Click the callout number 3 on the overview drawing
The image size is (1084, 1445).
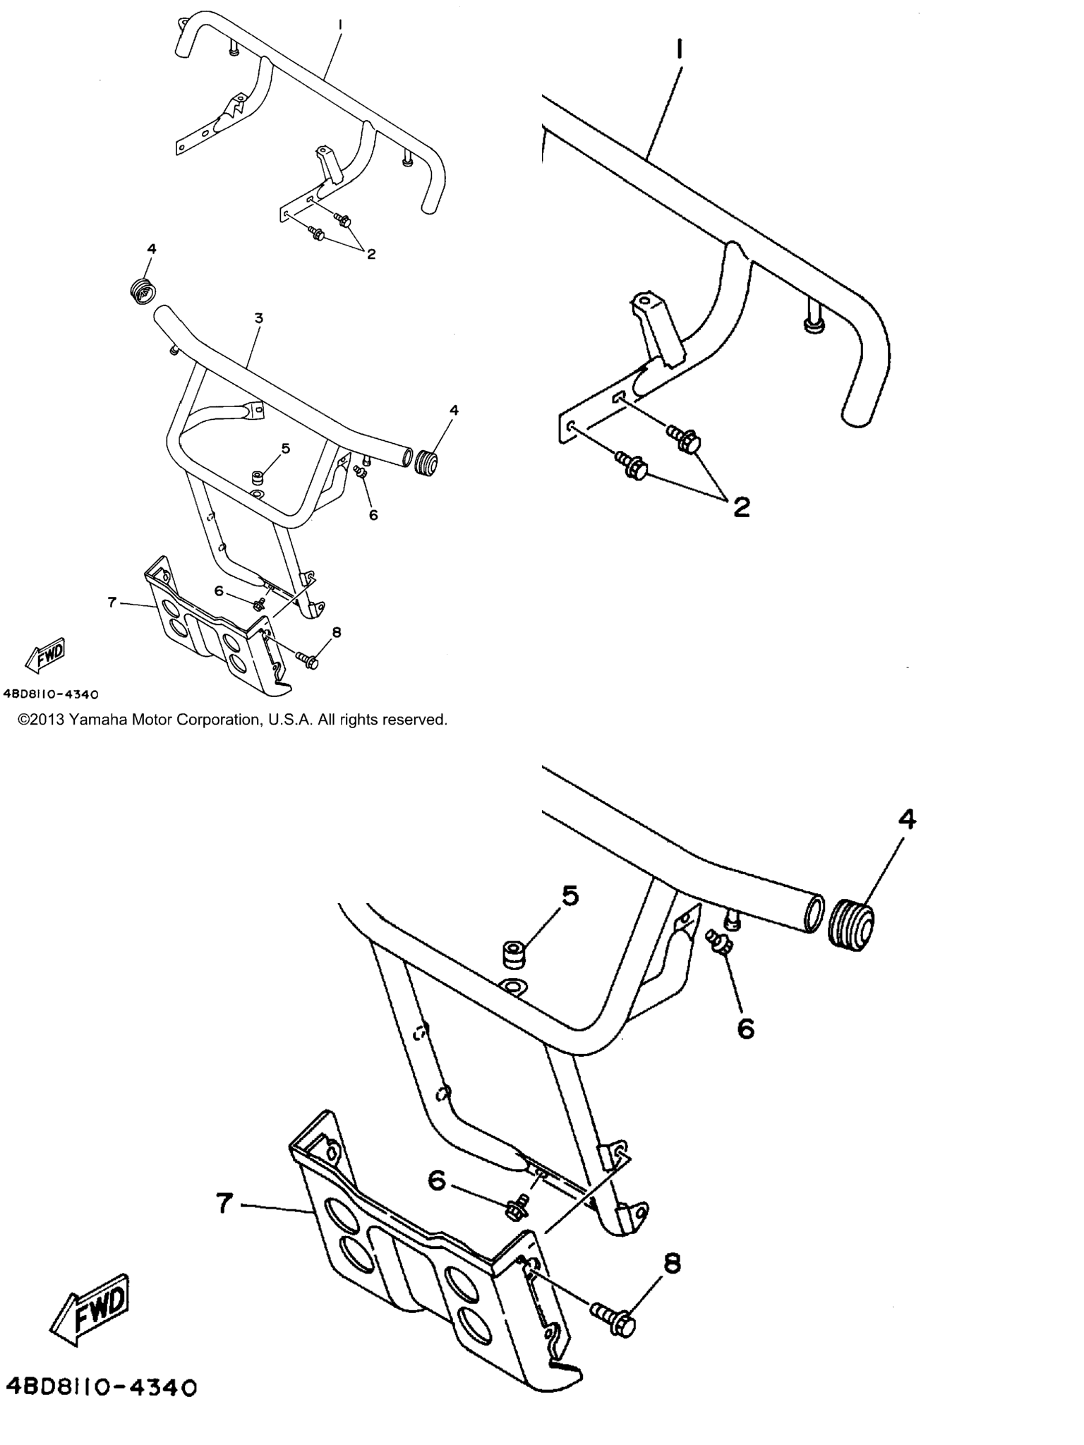coord(259,318)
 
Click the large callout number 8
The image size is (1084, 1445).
coord(673,1263)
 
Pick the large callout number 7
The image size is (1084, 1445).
coord(224,1203)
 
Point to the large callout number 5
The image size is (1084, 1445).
coord(570,896)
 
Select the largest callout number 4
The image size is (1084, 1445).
coord(907,819)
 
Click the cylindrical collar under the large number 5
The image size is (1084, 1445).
coord(516,956)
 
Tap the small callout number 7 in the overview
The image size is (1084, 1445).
coord(112,602)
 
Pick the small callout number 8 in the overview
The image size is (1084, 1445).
coord(337,632)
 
